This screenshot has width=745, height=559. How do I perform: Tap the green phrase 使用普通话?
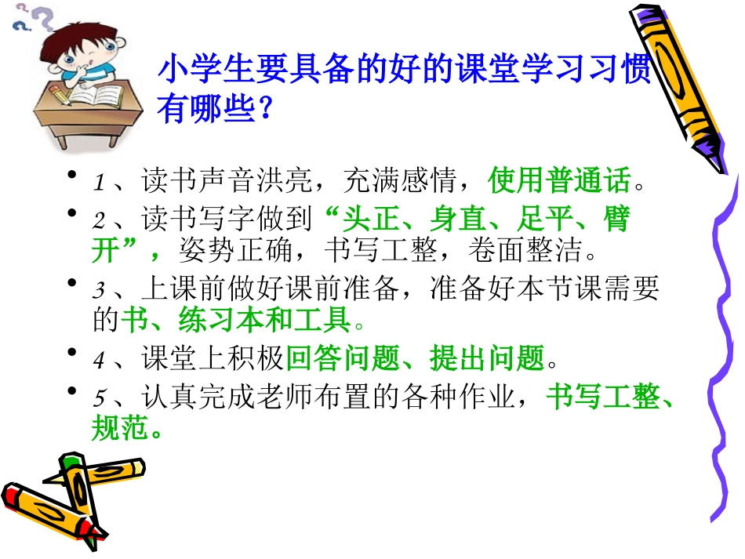click(x=559, y=182)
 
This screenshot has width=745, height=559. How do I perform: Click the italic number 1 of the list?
click(x=99, y=184)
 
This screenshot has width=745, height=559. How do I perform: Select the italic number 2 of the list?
click(x=99, y=220)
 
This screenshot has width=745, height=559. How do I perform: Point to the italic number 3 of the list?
click(x=99, y=291)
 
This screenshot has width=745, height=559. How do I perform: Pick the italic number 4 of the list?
click(x=99, y=361)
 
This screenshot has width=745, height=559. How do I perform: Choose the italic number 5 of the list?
click(x=99, y=397)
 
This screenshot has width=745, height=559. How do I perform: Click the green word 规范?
click(x=118, y=428)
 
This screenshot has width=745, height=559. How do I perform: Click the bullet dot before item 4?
click(x=72, y=354)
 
